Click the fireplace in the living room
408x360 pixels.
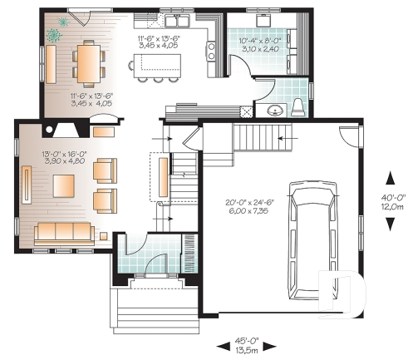(103, 130)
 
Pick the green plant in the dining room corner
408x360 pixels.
(56, 34)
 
